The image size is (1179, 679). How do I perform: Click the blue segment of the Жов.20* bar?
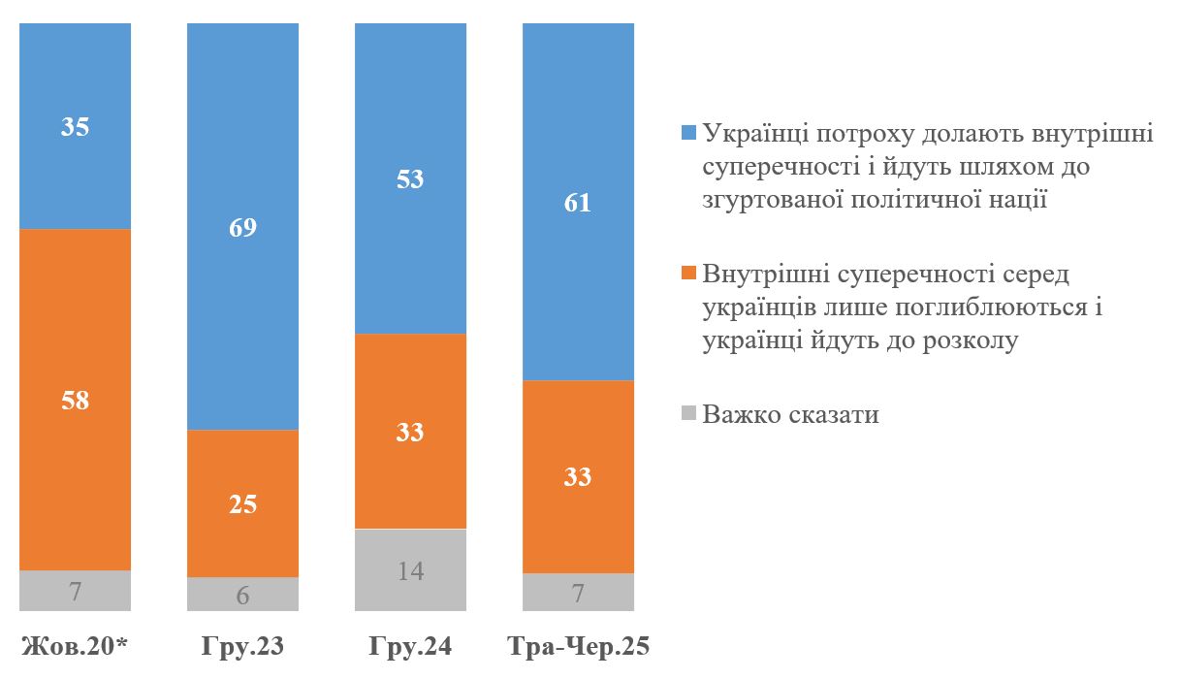point(75,126)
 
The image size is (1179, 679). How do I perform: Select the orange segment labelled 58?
point(75,399)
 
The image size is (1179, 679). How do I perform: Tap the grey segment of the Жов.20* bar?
point(75,590)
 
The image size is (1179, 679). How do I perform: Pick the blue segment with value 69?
point(242,227)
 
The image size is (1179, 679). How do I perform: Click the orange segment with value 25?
point(242,503)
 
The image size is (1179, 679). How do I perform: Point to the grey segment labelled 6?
point(242,594)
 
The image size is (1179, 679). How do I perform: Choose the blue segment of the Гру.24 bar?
point(410,178)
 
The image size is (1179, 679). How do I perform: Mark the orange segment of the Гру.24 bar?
point(410,431)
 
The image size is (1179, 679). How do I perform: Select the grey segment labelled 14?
point(410,569)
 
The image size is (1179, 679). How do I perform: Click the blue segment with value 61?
point(578,202)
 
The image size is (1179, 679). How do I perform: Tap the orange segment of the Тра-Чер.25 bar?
point(578,476)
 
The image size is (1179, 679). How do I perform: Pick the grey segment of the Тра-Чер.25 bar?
point(578,592)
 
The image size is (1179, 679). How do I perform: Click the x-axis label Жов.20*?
point(75,647)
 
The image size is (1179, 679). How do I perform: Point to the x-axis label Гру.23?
point(242,647)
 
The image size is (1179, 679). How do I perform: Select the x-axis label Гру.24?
point(410,647)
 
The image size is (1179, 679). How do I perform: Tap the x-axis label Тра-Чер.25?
point(578,647)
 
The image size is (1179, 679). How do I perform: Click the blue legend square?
point(689,133)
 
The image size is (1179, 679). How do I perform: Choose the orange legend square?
point(689,275)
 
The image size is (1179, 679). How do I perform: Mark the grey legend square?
point(689,415)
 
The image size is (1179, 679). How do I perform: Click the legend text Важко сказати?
point(791,415)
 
